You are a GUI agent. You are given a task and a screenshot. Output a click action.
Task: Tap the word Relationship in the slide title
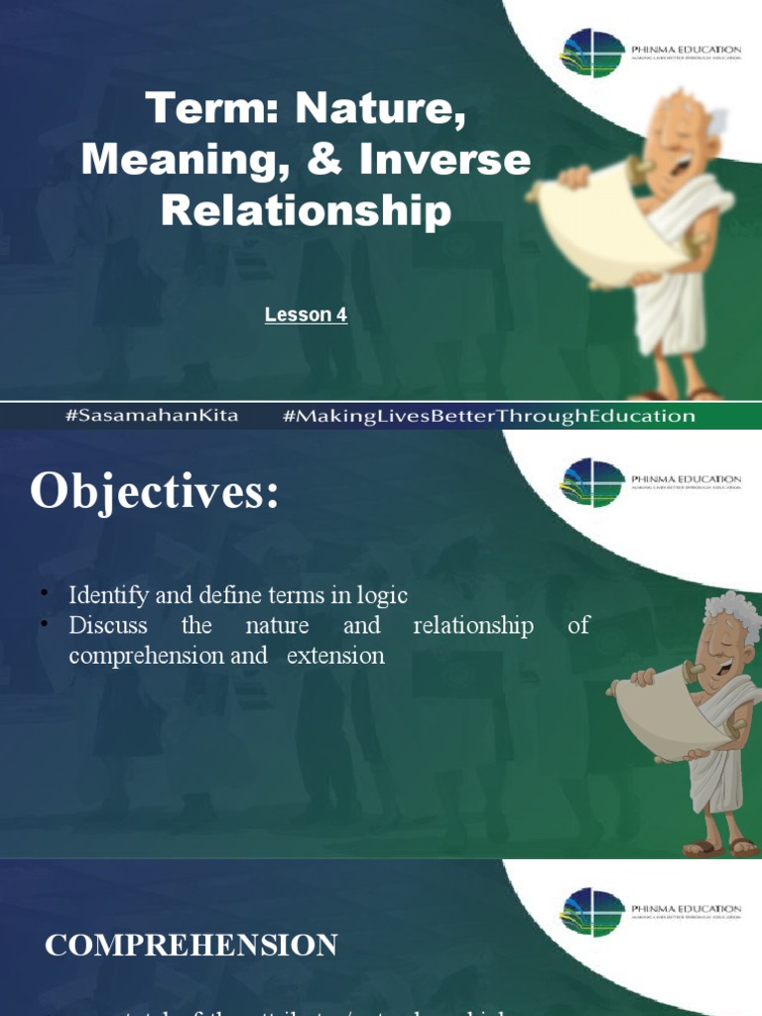pos(306,210)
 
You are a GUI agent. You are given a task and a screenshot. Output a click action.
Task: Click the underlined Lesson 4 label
pos(306,316)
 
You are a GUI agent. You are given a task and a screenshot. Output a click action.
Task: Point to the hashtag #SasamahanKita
pos(152,416)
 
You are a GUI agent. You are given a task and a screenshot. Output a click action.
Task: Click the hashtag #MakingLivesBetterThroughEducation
pos(489,416)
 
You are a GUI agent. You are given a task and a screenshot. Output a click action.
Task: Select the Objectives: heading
pos(155,492)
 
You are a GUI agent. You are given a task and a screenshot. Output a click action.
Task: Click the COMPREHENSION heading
pos(190,946)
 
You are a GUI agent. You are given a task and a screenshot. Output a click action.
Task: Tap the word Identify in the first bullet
pos(106,595)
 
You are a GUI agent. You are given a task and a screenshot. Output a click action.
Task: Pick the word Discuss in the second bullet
pos(107,626)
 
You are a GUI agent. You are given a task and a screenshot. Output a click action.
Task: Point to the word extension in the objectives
pos(335,656)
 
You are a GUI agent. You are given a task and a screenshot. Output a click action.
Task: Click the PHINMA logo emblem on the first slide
pos(592,53)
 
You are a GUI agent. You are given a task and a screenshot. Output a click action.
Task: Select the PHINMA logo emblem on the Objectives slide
pos(592,481)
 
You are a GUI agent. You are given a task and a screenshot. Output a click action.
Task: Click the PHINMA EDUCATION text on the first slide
pos(686,48)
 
